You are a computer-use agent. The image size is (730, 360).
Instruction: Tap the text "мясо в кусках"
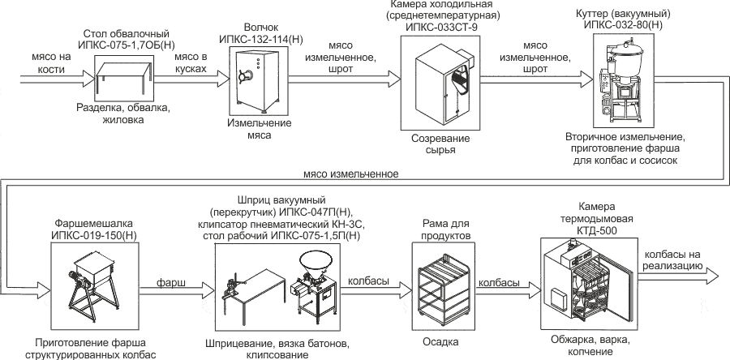click(188, 63)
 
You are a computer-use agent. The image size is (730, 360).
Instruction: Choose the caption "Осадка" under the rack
click(441, 341)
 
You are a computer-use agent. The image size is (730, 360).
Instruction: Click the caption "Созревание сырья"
click(440, 144)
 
